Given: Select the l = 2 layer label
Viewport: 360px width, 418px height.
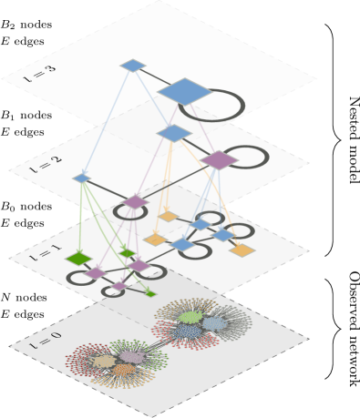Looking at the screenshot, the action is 46,164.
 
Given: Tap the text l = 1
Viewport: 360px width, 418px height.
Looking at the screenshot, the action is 46,254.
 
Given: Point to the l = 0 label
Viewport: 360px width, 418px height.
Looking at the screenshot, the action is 46,340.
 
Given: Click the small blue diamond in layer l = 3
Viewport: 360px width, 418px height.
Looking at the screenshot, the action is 133,66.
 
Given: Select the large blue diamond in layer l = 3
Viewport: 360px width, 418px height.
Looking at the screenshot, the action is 185,91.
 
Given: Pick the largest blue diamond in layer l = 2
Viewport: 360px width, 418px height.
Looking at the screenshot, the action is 173,134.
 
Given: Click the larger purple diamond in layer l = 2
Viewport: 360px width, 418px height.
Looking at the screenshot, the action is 219,159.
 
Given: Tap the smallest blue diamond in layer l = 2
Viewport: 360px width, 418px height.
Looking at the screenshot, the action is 82,178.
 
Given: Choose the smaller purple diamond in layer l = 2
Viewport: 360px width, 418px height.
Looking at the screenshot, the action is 135,201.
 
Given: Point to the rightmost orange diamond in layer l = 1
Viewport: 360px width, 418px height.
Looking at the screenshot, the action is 242,250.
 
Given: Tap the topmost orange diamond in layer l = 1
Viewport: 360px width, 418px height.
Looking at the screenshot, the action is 167,217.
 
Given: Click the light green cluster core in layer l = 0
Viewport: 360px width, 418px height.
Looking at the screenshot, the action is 190,317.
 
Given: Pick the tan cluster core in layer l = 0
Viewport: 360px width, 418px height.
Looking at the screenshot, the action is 105,361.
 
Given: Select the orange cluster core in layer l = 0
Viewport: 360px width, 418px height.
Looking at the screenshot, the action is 123,370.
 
